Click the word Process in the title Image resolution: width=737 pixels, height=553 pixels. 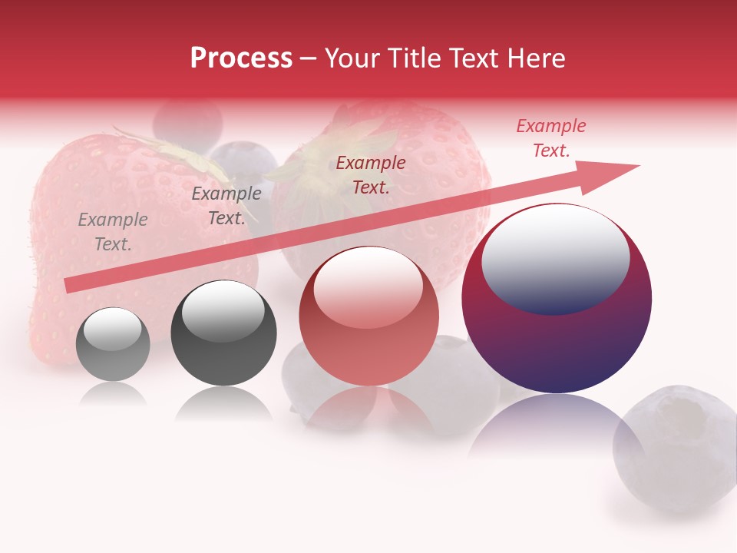pyautogui.click(x=241, y=58)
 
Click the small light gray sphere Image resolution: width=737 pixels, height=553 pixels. pyautogui.click(x=113, y=344)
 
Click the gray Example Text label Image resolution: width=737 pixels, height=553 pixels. pyautogui.click(x=113, y=232)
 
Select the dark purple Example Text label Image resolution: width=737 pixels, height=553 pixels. pyautogui.click(x=226, y=206)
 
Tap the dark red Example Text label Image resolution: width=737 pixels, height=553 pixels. pyautogui.click(x=371, y=174)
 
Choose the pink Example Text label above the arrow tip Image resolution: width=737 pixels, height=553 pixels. pyautogui.click(x=551, y=138)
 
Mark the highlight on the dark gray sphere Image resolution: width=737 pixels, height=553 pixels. pyautogui.click(x=223, y=310)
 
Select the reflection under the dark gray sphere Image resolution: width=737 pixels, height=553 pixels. pyautogui.click(x=223, y=403)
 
